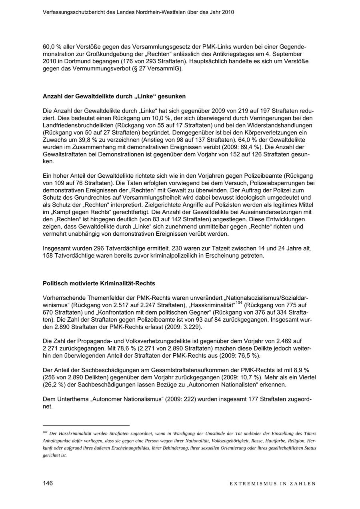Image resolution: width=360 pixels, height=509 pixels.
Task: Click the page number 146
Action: pos(48,483)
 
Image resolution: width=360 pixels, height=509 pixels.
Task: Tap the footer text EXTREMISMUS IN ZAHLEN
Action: pos(273,483)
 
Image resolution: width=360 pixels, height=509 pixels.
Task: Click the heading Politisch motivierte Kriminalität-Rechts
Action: pos(99,283)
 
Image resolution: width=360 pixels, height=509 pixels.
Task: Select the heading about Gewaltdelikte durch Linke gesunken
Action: pos(114,96)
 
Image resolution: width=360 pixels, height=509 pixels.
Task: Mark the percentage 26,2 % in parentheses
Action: pos(55,385)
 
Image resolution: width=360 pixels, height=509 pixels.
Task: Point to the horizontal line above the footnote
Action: pos(86,425)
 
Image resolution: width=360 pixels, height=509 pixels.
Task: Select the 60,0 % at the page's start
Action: pos(53,47)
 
